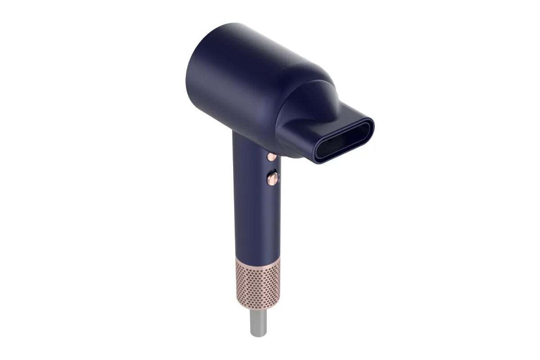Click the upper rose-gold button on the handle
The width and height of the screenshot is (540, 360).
[x=271, y=156]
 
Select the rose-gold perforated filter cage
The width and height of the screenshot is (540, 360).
[x=258, y=283]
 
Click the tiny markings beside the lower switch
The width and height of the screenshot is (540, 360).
[x=279, y=177]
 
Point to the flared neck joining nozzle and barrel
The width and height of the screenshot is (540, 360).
[x=315, y=97]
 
